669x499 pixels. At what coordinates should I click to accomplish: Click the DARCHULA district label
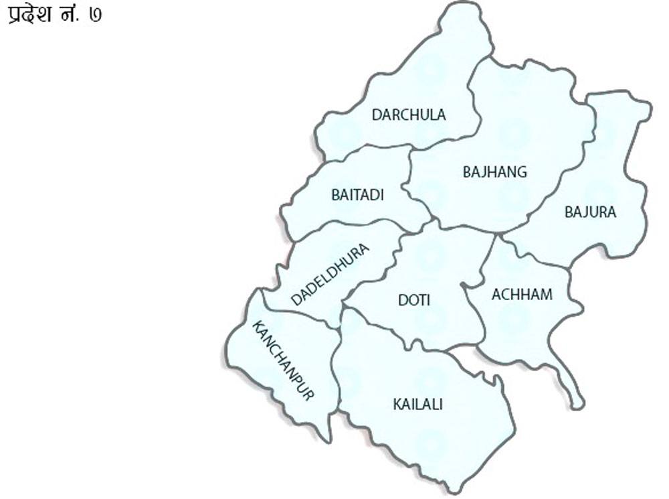point(409,115)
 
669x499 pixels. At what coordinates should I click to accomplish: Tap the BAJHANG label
point(495,172)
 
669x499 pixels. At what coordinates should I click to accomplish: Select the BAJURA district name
point(590,212)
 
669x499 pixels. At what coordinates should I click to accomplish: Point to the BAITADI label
point(358,195)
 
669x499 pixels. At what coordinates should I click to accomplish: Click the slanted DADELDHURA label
point(330,275)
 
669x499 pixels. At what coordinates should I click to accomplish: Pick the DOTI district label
point(414,300)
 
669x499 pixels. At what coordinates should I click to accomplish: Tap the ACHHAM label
point(522,294)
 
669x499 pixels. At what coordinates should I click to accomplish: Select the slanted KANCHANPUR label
point(283,360)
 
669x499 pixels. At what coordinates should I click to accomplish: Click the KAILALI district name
point(418,404)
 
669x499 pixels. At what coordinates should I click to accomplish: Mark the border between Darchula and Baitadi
point(365,149)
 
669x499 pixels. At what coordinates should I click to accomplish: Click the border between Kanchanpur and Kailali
point(337,375)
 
